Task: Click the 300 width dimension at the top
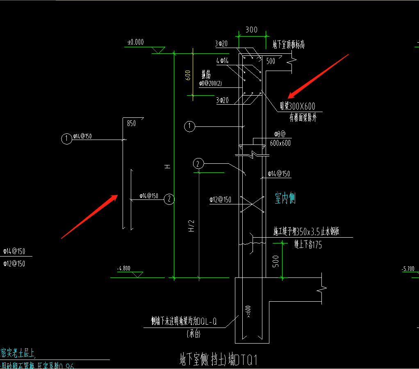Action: [x=251, y=30]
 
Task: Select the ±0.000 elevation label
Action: [x=136, y=42]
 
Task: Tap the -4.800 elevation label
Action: [x=123, y=268]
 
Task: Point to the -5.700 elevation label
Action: [x=409, y=269]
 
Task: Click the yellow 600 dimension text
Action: [x=187, y=76]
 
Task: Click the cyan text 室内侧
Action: [x=285, y=199]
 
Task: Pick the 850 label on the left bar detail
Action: [x=131, y=123]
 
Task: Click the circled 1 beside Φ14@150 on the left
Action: [x=66, y=139]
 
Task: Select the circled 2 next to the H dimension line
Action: [x=169, y=199]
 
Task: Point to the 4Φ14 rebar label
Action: [x=222, y=61]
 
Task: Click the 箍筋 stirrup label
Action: [x=206, y=75]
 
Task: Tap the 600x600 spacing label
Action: [x=280, y=143]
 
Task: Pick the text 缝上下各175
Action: [x=308, y=245]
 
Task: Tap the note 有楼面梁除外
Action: [x=303, y=119]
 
